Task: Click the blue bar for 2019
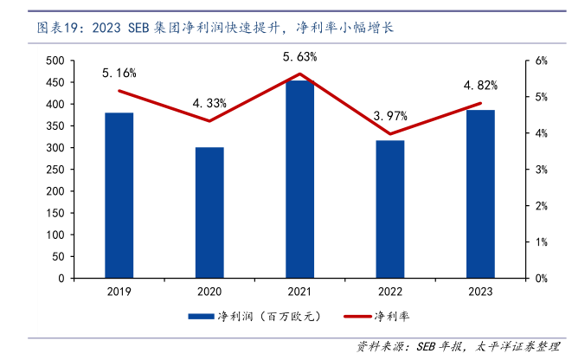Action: coord(119,196)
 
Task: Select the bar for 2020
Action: coord(209,213)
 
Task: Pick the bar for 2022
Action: coord(390,209)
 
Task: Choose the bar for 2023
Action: coord(480,194)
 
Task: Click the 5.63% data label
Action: coord(300,56)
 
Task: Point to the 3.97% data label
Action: coord(390,115)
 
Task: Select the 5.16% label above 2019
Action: coord(119,73)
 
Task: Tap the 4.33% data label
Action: coord(209,103)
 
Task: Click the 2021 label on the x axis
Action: coord(299,292)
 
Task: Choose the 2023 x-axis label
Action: coord(480,292)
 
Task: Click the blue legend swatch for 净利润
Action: coord(200,316)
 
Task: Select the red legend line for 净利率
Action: coord(354,316)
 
